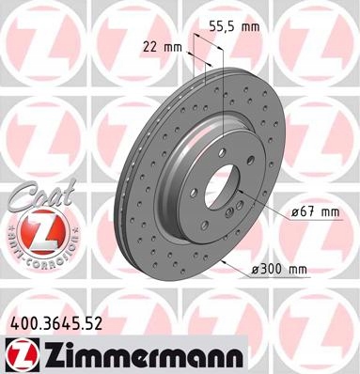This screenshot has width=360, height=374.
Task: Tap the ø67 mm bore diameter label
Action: pos(311,212)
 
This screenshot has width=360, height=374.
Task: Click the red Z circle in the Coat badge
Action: pos(38,227)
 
